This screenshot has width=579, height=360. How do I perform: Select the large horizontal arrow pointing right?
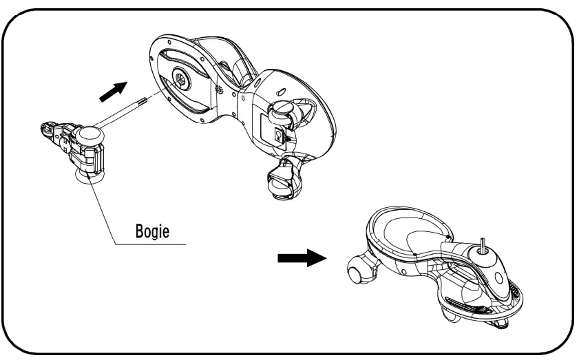pyautogui.click(x=302, y=259)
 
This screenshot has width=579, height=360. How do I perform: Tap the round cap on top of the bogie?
pyautogui.click(x=90, y=134)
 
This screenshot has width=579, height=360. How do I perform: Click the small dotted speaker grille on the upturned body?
pyautogui.click(x=220, y=90)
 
